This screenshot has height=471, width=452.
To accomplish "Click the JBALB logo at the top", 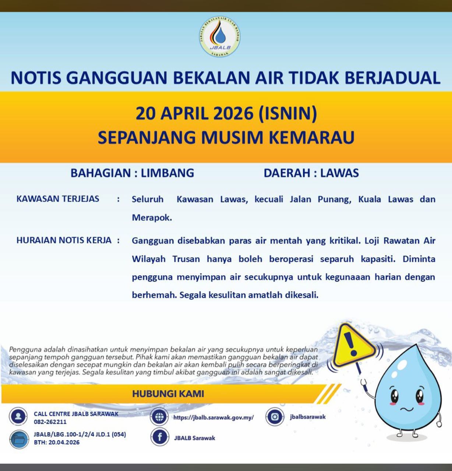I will [220, 37].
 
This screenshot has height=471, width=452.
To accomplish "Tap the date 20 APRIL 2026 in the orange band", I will [195, 113].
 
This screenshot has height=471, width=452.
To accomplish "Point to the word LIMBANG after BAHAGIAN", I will [167, 173].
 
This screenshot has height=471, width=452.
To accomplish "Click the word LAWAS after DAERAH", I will [339, 173].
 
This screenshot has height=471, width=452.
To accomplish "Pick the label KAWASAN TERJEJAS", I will [58, 199].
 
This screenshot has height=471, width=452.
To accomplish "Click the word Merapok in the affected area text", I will [151, 217].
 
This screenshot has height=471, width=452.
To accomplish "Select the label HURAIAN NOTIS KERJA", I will [64, 240].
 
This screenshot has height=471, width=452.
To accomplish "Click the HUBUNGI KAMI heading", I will [168, 394].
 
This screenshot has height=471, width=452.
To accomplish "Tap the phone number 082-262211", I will [50, 422].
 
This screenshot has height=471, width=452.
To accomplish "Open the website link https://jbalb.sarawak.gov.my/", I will [213, 418].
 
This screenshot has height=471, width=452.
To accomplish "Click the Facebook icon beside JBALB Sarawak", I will [159, 438].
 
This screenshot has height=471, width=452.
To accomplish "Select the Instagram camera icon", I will [275, 417].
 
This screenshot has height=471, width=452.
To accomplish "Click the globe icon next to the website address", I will [159, 417].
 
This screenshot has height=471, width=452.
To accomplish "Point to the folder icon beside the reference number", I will [19, 439].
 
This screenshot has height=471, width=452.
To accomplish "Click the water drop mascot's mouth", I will [407, 409].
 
